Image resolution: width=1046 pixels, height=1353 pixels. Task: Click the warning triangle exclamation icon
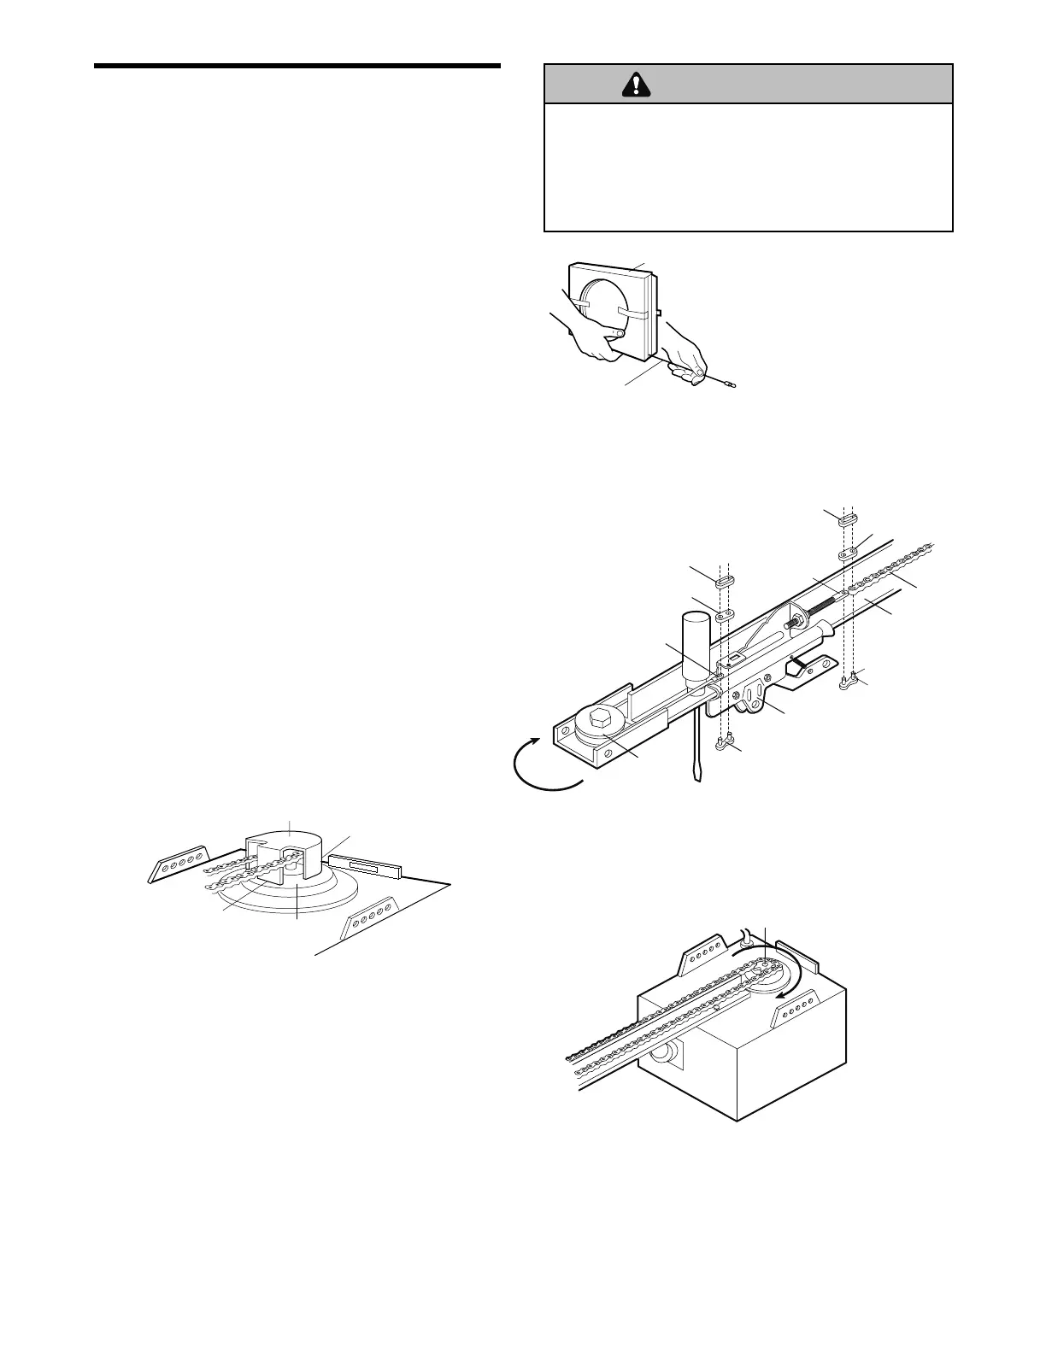click(x=635, y=84)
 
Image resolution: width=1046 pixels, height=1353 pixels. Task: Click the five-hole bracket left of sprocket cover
click(x=178, y=862)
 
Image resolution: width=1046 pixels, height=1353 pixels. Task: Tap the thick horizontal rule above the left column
click(x=297, y=66)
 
